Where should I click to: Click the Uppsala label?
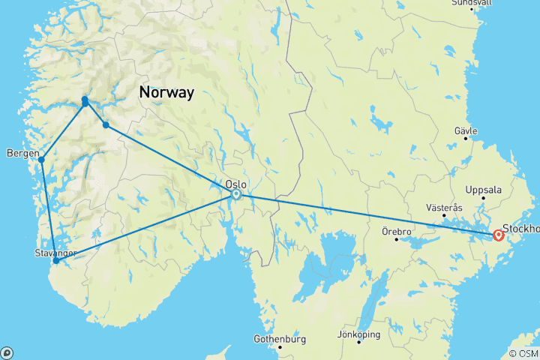(483, 190)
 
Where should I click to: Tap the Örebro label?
(396, 231)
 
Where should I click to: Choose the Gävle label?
(466, 130)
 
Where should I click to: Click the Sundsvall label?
(472, 3)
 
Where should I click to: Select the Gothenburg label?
(280, 337)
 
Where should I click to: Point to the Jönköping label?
(358, 334)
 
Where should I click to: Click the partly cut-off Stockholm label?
(520, 228)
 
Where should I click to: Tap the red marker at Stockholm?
(499, 236)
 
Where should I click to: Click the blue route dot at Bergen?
(42, 160)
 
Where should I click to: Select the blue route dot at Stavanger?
(55, 262)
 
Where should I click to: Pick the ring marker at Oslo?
(236, 194)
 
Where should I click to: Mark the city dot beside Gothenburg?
(280, 346)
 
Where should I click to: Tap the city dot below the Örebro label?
(396, 239)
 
